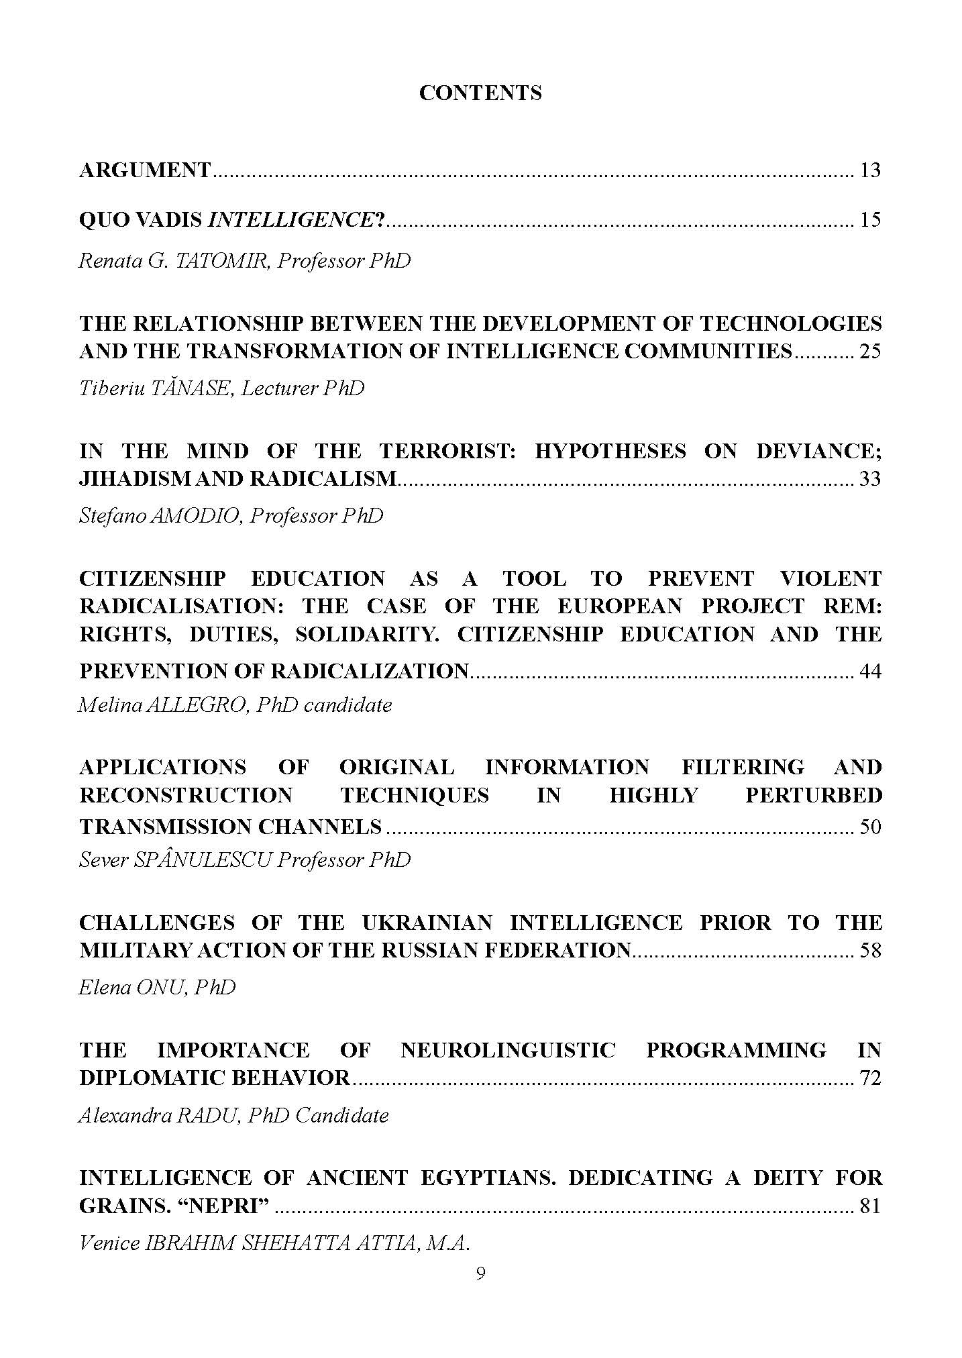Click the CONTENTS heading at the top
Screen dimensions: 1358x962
pyautogui.click(x=480, y=93)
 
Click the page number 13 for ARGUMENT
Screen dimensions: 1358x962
pyautogui.click(x=869, y=170)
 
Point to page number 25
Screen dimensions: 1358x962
pyautogui.click(x=869, y=351)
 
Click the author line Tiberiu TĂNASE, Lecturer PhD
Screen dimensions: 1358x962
pyautogui.click(x=221, y=388)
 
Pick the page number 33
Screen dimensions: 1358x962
pyautogui.click(x=869, y=479)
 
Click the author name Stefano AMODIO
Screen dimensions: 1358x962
pyautogui.click(x=160, y=515)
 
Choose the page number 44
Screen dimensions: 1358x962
pyautogui.click(x=869, y=671)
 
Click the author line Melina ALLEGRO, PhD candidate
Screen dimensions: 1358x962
pyautogui.click(x=235, y=704)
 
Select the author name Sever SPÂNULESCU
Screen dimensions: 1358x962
pyautogui.click(x=175, y=859)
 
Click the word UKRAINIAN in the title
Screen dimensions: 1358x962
pyautogui.click(x=427, y=923)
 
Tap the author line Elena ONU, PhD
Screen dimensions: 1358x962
pyautogui.click(x=157, y=987)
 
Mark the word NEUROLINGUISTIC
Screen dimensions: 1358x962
pyautogui.click(x=508, y=1050)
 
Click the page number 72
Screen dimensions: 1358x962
pyautogui.click(x=869, y=1078)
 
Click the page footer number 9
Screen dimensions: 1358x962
pyautogui.click(x=480, y=1273)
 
